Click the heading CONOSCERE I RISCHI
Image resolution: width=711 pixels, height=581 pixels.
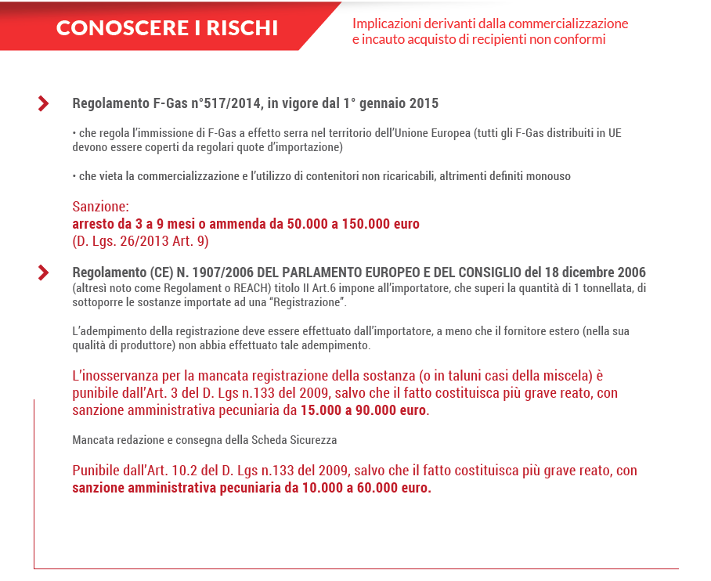tap(167, 28)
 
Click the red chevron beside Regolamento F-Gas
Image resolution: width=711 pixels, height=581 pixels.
tap(44, 103)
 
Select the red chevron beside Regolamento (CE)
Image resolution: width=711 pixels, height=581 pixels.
tap(44, 272)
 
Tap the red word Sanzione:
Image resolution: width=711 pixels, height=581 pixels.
tap(100, 207)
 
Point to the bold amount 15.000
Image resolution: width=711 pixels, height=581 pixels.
tap(323, 410)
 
